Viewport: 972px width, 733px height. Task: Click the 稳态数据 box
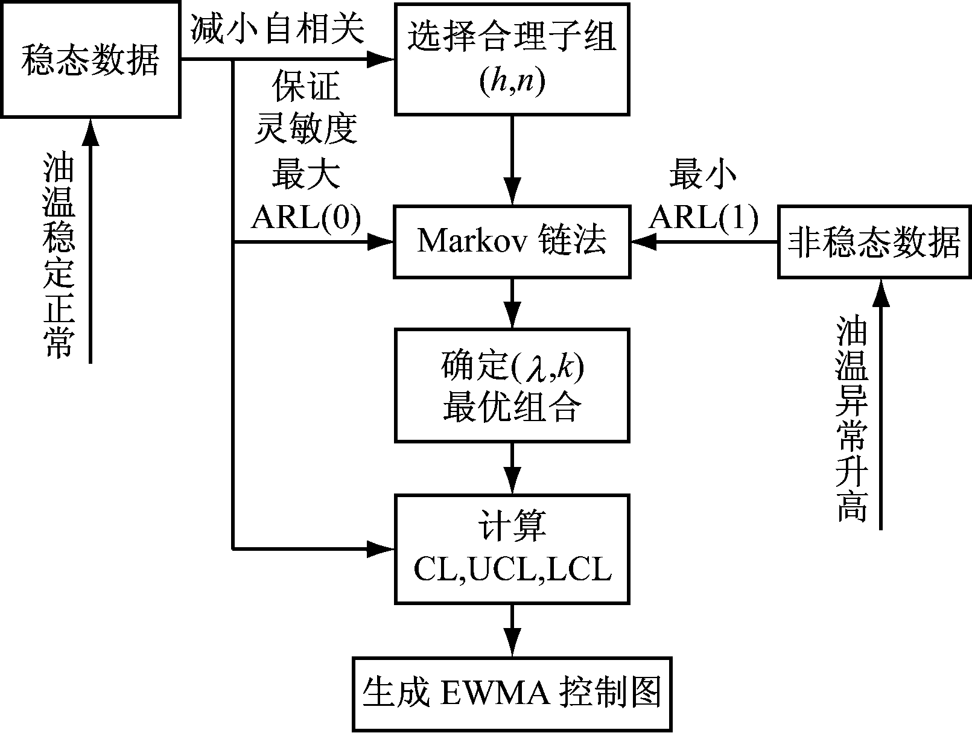click(91, 60)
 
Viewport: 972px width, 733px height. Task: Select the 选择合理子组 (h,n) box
click(512, 59)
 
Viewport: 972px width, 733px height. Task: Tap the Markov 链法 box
click(512, 242)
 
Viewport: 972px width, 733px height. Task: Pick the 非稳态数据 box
click(874, 242)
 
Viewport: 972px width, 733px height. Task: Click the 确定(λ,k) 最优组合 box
click(512, 385)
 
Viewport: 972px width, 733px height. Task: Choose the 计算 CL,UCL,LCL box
click(512, 548)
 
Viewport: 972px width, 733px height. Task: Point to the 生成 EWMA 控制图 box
click(512, 694)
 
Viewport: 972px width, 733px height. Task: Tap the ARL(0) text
click(306, 218)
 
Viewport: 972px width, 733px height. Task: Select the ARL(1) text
click(704, 218)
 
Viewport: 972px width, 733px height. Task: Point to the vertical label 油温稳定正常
click(60, 253)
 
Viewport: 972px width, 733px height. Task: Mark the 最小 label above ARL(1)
click(703, 175)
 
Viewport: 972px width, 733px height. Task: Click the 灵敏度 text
click(306, 129)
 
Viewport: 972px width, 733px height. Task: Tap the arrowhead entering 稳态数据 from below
click(91, 130)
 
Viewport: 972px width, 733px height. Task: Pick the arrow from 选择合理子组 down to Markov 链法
click(512, 160)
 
